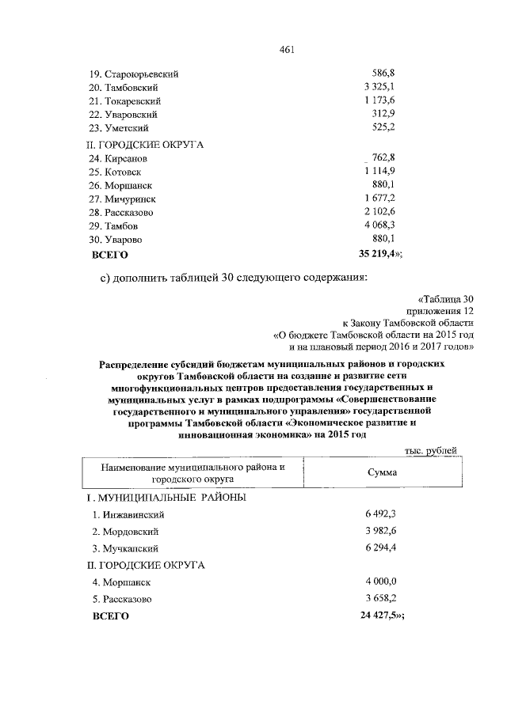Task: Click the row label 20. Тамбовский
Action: [x=127, y=87]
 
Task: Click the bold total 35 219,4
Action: [x=375, y=254]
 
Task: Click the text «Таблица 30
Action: [x=445, y=299]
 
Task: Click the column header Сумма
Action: [x=382, y=472]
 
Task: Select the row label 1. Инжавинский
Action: [x=128, y=515]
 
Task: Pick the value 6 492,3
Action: [x=380, y=515]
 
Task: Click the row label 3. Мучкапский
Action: [x=127, y=548]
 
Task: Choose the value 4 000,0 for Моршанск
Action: [x=380, y=582]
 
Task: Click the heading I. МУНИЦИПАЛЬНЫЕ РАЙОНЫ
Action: [x=166, y=498]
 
